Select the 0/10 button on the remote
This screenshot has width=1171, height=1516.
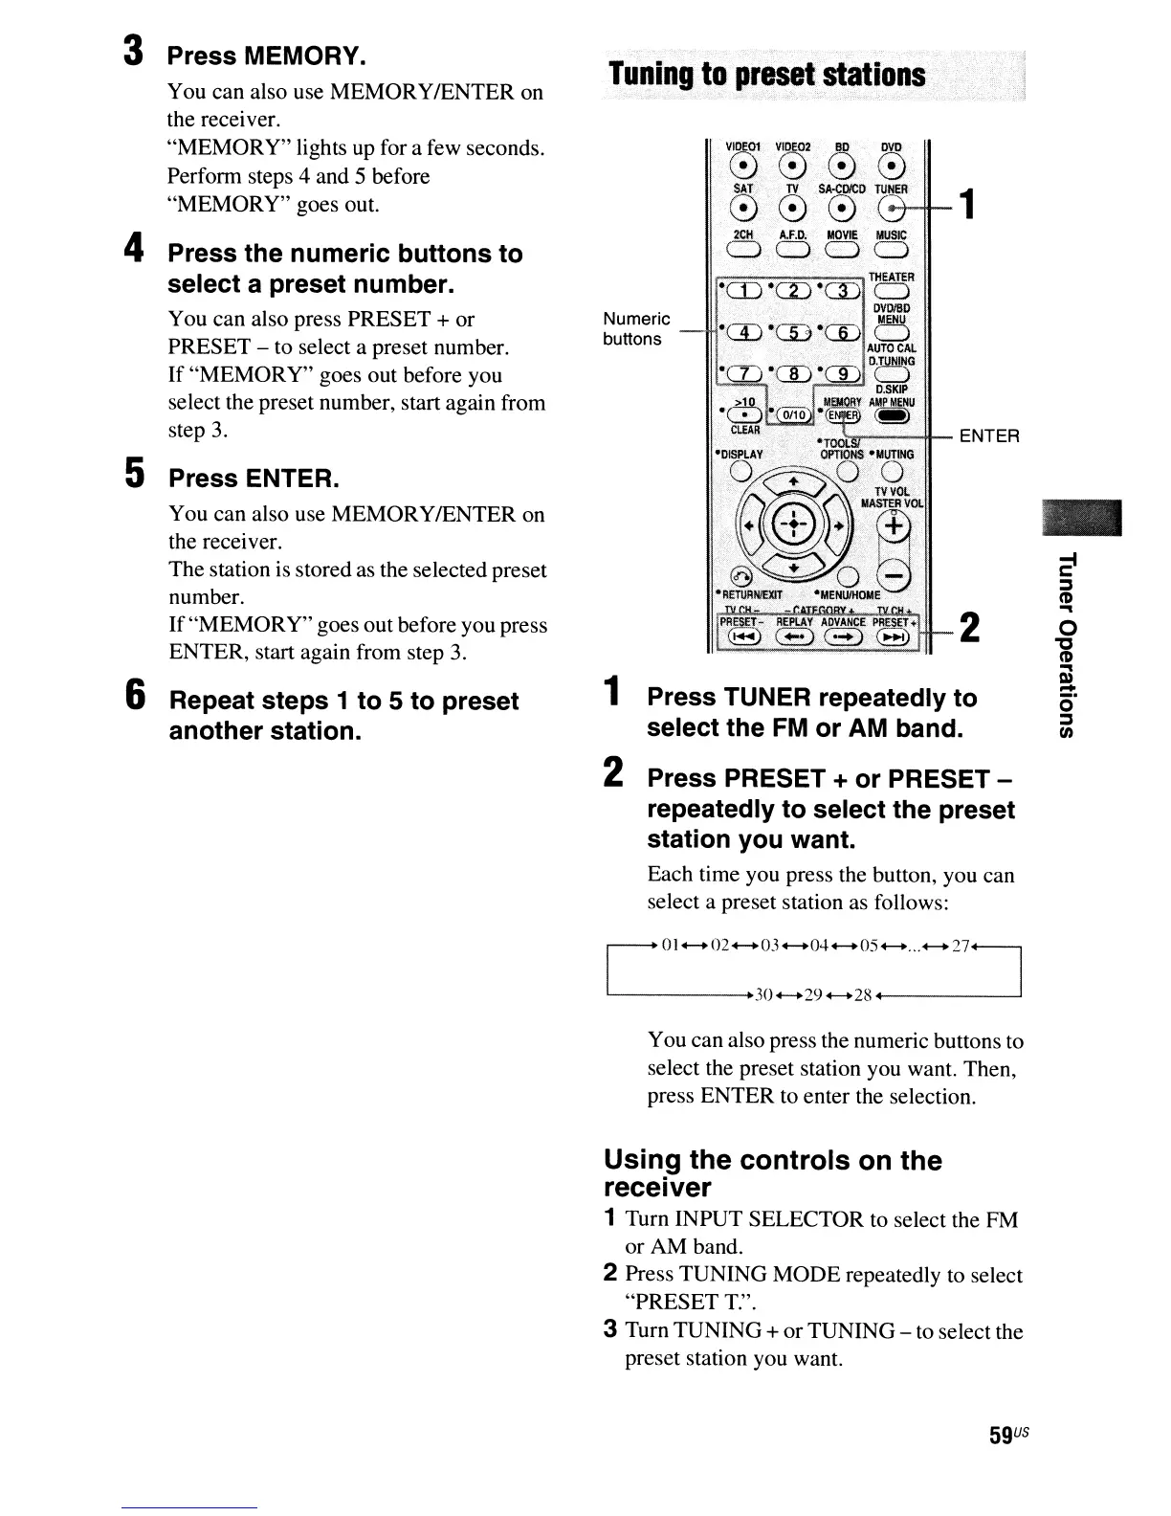click(793, 414)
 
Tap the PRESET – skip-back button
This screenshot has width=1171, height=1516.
click(742, 638)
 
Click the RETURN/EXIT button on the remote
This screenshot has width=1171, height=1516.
click(741, 575)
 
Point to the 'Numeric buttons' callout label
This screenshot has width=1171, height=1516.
click(636, 328)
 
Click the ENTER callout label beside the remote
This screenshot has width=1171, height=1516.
click(989, 436)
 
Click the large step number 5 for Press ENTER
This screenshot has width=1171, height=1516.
click(136, 473)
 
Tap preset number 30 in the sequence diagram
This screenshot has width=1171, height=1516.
click(763, 994)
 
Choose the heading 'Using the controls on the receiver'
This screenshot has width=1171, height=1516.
click(772, 1173)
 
